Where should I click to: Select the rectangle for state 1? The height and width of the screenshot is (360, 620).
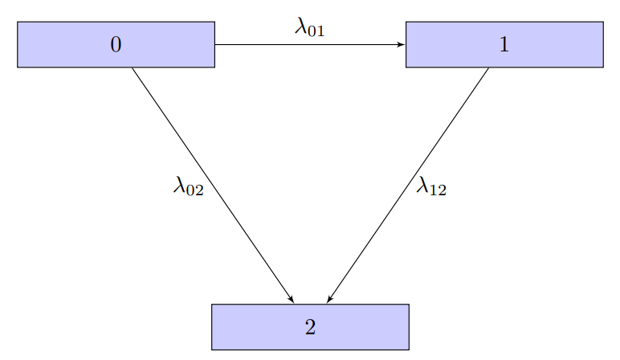[x=554, y=45]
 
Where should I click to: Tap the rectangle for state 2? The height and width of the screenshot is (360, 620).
[x=257, y=327]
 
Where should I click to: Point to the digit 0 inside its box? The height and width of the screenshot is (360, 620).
[x=116, y=45]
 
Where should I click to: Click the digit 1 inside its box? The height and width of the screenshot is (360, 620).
[x=504, y=45]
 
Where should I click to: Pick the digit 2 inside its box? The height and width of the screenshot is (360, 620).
[x=310, y=327]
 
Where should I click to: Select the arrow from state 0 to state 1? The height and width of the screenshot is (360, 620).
[x=309, y=45]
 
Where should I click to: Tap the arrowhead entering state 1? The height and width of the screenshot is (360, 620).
[x=402, y=45]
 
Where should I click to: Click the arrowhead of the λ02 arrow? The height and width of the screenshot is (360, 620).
[x=292, y=300]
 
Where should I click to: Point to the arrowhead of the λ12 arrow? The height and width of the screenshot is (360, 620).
[x=329, y=300]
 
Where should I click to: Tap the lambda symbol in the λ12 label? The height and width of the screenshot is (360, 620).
[x=422, y=186]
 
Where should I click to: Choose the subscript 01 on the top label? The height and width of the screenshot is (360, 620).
[x=317, y=31]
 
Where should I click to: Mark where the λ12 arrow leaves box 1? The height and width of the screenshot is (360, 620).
[x=488, y=68]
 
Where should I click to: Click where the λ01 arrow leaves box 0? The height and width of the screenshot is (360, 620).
[x=215, y=45]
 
